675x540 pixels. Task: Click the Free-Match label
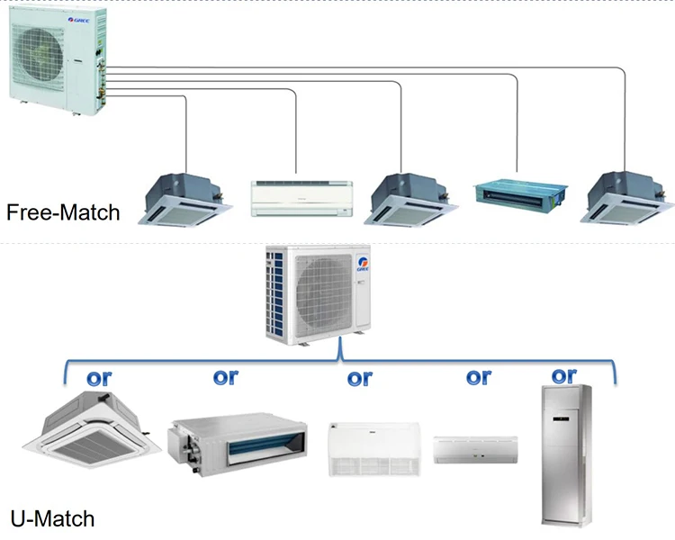point(62,213)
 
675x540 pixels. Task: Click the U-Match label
point(52,519)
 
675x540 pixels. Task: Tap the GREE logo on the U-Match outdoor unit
point(364,265)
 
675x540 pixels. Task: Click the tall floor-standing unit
point(565,454)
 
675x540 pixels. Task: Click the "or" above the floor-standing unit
point(564,374)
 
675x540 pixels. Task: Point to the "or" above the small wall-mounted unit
point(478,376)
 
